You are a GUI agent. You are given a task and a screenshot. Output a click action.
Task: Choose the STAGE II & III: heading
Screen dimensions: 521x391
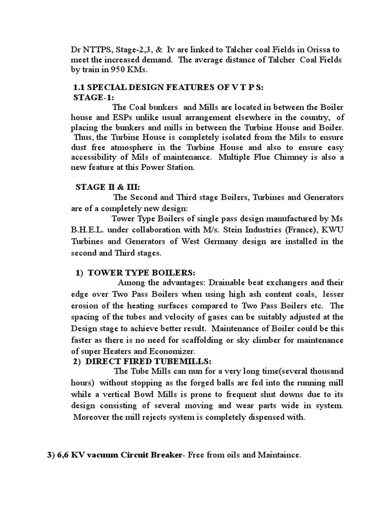tap(106, 187)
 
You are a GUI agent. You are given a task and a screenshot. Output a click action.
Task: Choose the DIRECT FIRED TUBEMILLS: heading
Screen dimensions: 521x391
tap(149, 361)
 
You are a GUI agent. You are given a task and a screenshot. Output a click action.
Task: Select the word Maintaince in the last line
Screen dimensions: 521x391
tap(278, 456)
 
